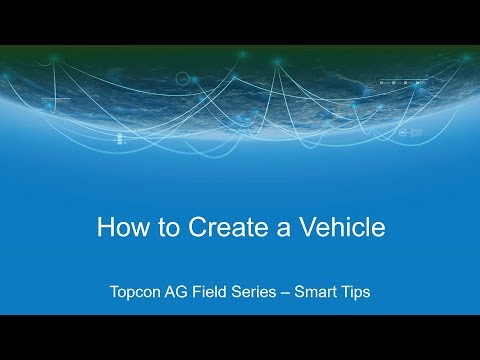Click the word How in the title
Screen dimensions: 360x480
(x=119, y=228)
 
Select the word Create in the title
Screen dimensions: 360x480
(x=212, y=228)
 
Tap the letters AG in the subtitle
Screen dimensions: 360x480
(x=180, y=294)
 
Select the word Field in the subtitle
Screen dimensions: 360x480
(x=215, y=294)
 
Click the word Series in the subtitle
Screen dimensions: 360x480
(x=261, y=294)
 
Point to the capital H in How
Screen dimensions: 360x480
(x=105, y=228)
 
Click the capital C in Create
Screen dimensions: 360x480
(x=189, y=228)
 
